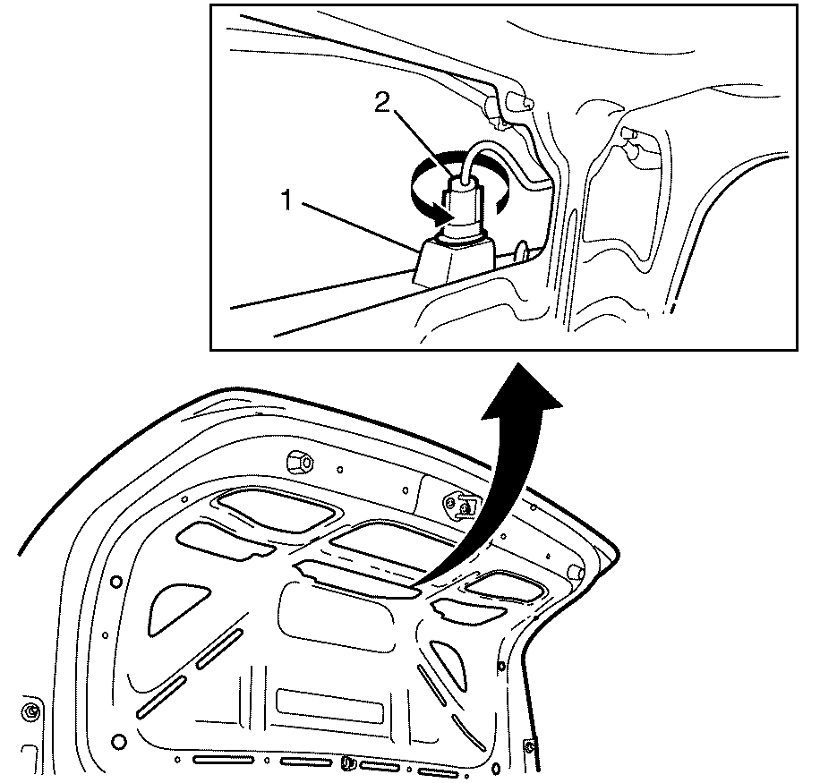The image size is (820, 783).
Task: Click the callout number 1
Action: coord(287,200)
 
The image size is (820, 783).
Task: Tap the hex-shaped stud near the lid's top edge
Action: coord(300,461)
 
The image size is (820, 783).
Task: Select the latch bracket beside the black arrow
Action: coord(459,506)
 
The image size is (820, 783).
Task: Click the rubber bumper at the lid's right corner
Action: coord(576,572)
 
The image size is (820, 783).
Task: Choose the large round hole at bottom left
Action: coord(119,742)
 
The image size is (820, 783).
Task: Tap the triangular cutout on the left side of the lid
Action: coord(175,608)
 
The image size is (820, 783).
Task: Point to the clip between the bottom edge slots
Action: coord(346,763)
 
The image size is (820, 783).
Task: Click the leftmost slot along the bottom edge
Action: coord(223,760)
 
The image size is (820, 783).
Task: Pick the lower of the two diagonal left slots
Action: coord(161,697)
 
